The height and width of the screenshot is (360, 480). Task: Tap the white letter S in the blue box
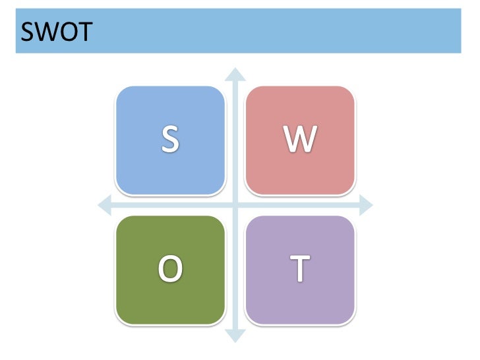coord(170,139)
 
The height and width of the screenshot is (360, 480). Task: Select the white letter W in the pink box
coord(300,139)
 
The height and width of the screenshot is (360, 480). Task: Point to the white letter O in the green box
coord(170,268)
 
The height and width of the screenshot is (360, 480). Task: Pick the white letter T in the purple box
coord(300,268)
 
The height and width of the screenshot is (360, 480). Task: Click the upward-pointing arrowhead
coord(235,72)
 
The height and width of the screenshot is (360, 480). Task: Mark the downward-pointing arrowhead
coord(235,337)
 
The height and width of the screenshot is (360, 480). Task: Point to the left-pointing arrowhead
coord(104,206)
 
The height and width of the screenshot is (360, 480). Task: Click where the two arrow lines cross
coord(235,206)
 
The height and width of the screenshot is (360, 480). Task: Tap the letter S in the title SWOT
coord(28,32)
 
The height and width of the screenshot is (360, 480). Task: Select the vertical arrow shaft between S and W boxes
coord(235,139)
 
